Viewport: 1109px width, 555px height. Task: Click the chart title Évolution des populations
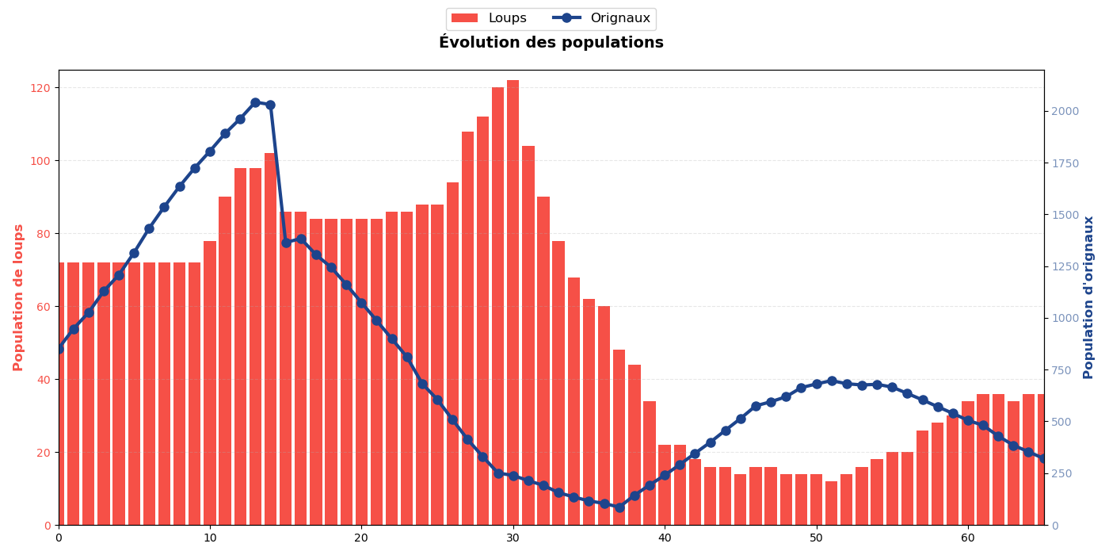click(x=551, y=43)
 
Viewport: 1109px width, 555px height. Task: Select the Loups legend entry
click(x=488, y=18)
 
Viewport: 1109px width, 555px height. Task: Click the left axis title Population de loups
click(x=18, y=297)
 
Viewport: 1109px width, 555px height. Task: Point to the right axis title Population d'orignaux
click(x=1088, y=297)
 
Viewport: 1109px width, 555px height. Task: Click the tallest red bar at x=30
click(x=513, y=301)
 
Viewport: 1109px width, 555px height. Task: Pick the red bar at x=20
click(x=361, y=372)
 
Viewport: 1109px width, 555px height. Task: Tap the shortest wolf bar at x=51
click(x=832, y=503)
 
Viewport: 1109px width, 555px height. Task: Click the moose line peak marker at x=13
click(x=255, y=102)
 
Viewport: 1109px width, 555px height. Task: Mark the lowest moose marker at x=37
click(x=619, y=507)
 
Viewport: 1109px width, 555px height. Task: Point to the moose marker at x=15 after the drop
click(x=286, y=243)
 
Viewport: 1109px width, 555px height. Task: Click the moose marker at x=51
click(x=832, y=381)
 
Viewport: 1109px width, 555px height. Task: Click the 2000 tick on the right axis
click(x=1065, y=111)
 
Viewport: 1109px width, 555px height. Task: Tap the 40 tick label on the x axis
click(x=665, y=538)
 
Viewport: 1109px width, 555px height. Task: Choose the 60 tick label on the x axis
click(x=968, y=538)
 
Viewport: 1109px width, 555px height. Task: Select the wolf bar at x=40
click(x=665, y=485)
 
